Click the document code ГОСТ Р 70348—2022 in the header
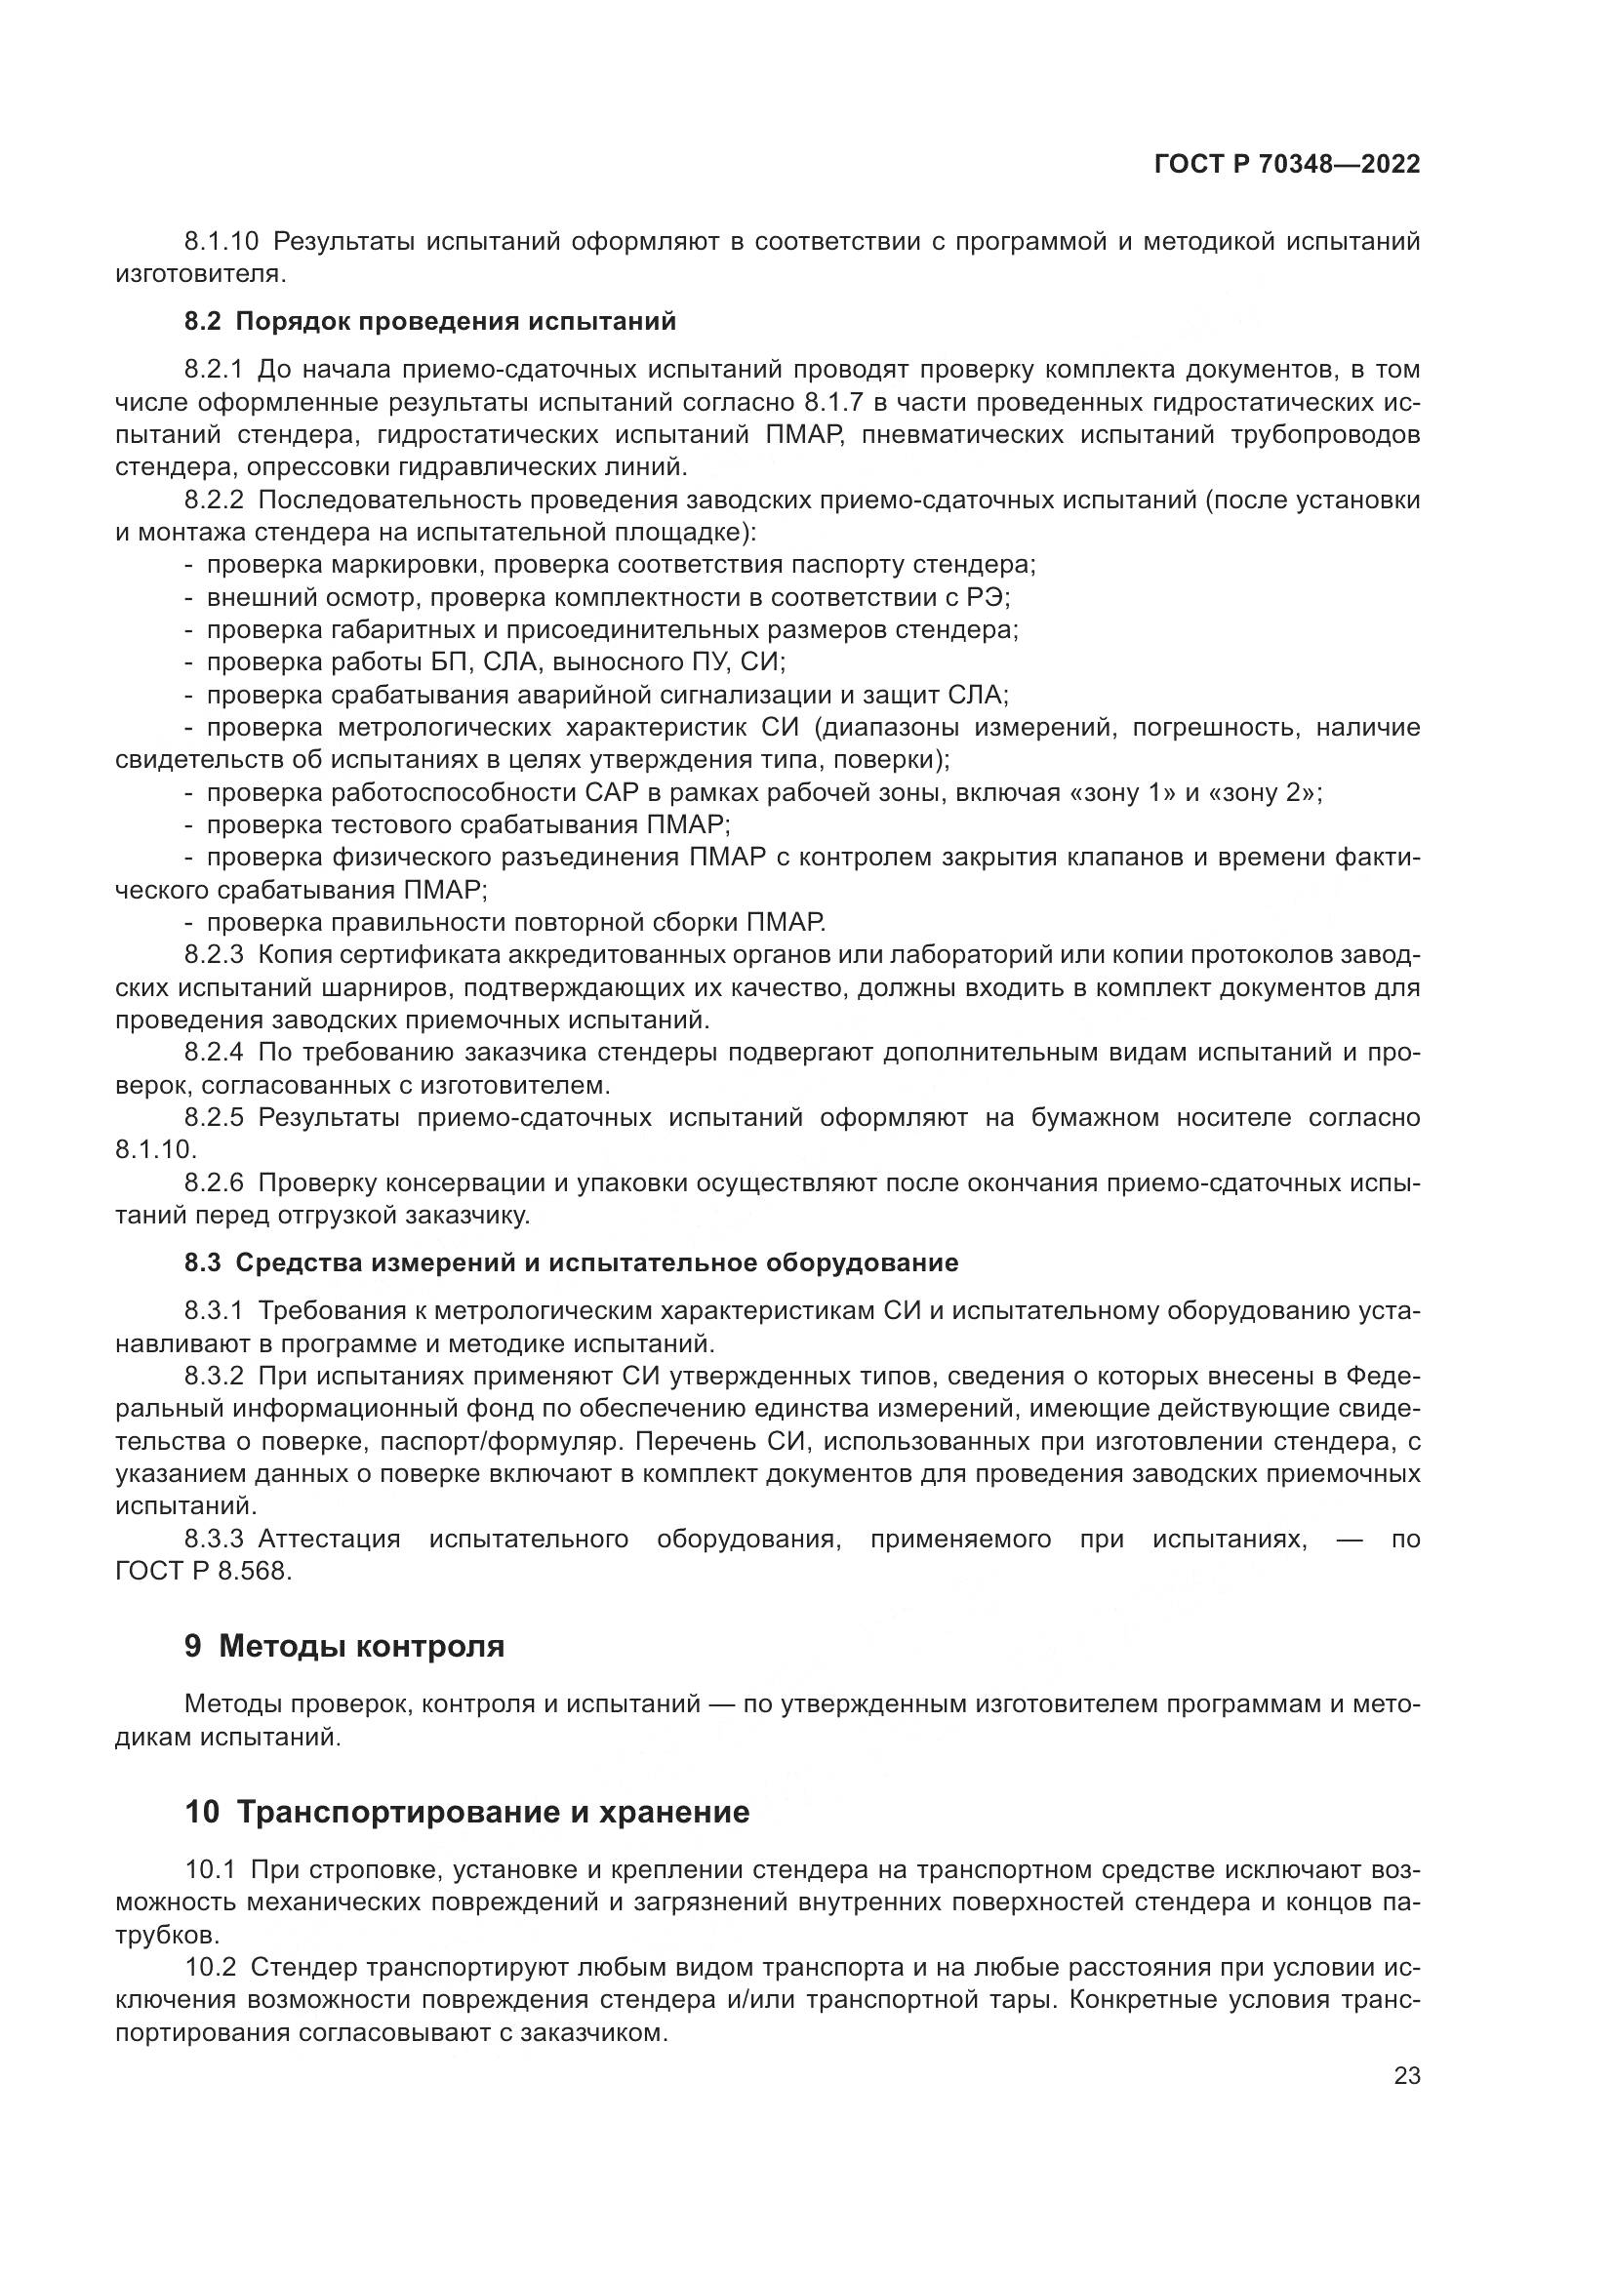click(x=1287, y=165)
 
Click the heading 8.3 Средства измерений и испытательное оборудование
click(x=571, y=1262)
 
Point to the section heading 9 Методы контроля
click(x=343, y=1646)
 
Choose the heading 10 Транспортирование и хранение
click(x=466, y=1812)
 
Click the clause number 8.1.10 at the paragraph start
click(x=221, y=242)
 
